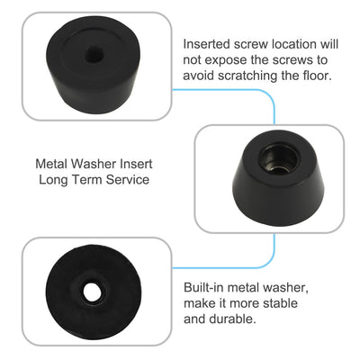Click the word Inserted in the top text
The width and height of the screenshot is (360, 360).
tap(209, 42)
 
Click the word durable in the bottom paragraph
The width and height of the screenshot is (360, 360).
tap(228, 319)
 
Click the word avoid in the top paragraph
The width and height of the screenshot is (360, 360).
tap(199, 75)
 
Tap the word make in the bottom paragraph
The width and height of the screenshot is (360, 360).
tap(200, 302)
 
